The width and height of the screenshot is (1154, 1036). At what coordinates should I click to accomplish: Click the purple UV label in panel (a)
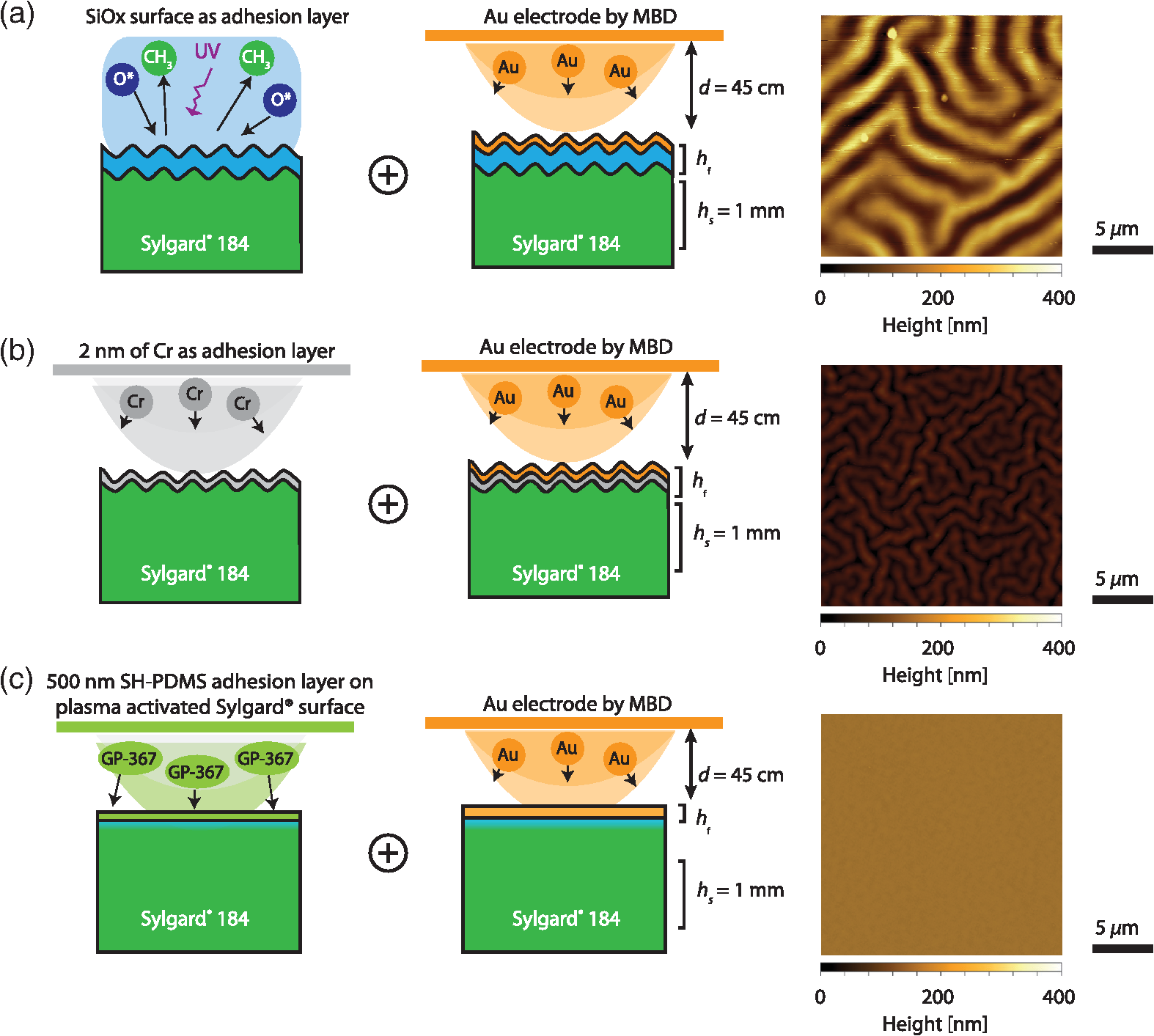207,51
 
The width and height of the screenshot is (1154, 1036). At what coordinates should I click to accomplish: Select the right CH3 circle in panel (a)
257,58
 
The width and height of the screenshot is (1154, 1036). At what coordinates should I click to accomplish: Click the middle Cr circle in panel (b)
195,394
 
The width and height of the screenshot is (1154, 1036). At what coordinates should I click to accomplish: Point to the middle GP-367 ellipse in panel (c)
196,772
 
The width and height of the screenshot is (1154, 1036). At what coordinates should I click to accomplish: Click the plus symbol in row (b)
388,504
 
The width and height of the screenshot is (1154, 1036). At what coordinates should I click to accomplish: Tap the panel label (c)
17,681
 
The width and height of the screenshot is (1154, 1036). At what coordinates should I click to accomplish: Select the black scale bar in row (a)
1122,250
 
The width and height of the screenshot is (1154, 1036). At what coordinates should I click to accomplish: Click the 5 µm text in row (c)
1117,929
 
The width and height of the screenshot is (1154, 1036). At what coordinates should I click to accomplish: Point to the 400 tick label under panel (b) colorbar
1059,648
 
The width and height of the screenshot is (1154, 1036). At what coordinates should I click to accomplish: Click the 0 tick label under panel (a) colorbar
820,298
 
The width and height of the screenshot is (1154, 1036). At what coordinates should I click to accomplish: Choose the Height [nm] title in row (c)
935,1024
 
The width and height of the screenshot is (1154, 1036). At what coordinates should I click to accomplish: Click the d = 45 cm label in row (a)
741,88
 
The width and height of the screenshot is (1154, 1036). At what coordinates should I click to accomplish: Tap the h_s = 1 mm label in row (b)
737,534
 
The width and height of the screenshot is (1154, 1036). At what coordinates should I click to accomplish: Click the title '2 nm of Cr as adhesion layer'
207,351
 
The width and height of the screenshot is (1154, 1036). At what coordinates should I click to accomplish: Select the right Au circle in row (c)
620,758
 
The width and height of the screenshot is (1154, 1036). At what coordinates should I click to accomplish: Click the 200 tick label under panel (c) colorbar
938,997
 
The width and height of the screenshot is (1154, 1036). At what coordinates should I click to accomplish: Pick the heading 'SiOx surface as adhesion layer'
217,17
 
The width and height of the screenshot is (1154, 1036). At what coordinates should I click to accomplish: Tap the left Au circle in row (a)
508,68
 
